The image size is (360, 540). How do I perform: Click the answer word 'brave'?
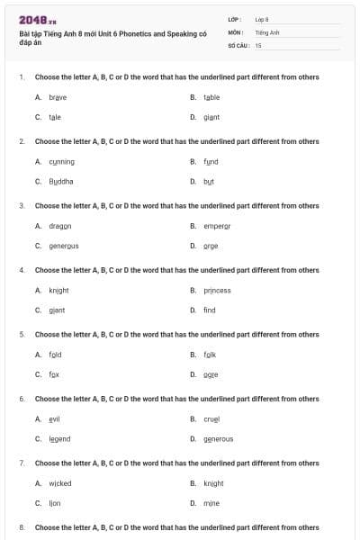(x=58, y=97)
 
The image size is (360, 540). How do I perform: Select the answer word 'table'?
(x=211, y=97)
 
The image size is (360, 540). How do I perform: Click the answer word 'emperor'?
(x=217, y=226)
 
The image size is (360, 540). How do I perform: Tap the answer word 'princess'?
(x=217, y=291)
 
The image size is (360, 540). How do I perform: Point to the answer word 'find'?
(x=210, y=310)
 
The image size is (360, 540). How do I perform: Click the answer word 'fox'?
(x=54, y=374)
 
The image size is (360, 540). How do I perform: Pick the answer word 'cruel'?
(x=211, y=419)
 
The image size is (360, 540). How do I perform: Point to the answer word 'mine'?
(x=211, y=503)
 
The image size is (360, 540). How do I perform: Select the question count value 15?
(x=258, y=44)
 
